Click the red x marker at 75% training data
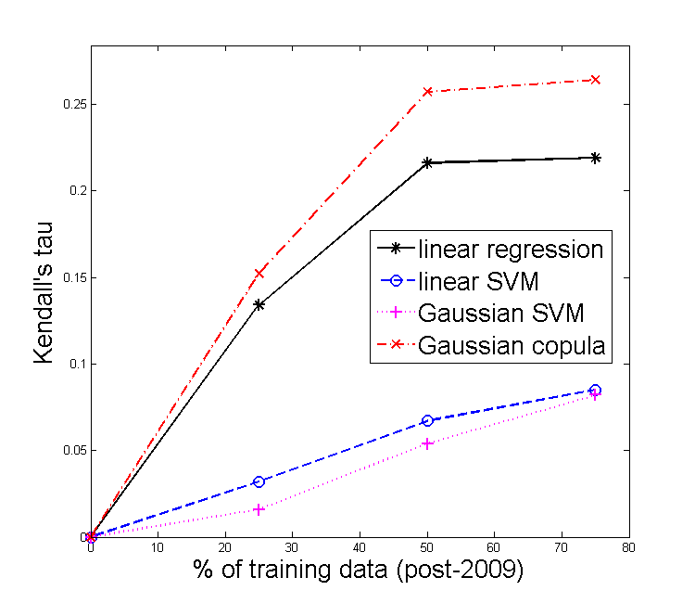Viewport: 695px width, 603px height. (595, 80)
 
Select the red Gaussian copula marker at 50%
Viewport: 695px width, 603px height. (427, 92)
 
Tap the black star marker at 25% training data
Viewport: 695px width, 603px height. (259, 304)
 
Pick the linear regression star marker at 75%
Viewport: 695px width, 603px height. (595, 158)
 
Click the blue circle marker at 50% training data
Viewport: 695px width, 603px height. (427, 420)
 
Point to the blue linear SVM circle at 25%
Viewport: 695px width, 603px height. (259, 481)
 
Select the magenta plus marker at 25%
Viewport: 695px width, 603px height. (259, 509)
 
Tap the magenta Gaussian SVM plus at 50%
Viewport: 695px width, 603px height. (427, 443)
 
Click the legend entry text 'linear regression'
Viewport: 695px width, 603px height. (511, 249)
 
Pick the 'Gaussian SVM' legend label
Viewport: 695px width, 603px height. (490, 314)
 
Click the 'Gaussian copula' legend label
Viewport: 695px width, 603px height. (512, 346)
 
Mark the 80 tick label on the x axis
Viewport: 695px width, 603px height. (628, 549)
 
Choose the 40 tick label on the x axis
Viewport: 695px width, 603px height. (359, 549)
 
